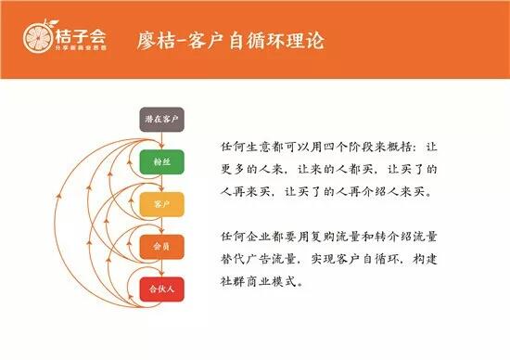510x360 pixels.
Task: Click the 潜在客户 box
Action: click(x=162, y=119)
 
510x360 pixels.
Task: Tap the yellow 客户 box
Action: click(x=162, y=203)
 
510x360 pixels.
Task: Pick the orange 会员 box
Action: click(x=162, y=246)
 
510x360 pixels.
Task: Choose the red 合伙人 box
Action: click(x=162, y=289)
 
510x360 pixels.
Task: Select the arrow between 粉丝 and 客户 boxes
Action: click(x=162, y=182)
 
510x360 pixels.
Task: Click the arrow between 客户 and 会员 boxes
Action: click(x=162, y=225)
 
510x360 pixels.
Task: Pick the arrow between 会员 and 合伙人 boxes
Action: click(x=162, y=267)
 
